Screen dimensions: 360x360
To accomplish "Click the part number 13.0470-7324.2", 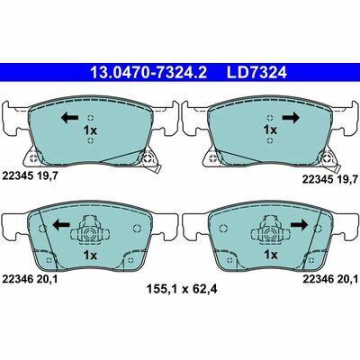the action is click(x=148, y=73).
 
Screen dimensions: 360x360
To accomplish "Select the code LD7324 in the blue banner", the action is click(x=256, y=73).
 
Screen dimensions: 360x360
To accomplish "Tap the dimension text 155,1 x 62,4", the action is click(x=182, y=290).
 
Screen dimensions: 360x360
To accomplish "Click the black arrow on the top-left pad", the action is click(x=70, y=118).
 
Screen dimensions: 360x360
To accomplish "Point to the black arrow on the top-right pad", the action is click(x=291, y=118).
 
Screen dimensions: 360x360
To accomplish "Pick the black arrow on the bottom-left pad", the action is click(x=61, y=224).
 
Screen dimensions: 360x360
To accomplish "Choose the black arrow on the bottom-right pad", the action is click(x=299, y=224).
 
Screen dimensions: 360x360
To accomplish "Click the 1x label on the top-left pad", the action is click(x=90, y=130).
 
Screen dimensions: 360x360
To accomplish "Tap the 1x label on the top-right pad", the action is click(x=270, y=130).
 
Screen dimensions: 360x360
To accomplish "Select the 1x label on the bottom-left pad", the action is click(x=90, y=256).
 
